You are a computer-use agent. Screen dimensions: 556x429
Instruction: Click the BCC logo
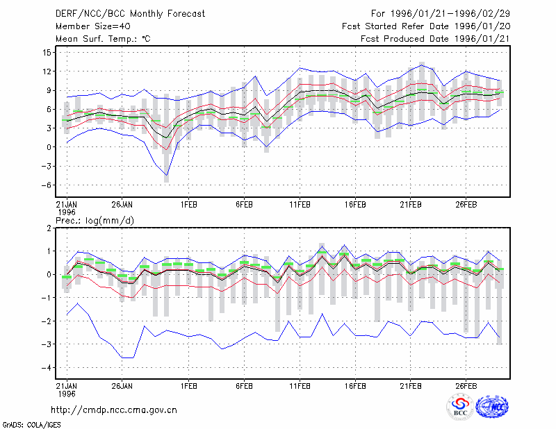pyautogui.click(x=460, y=407)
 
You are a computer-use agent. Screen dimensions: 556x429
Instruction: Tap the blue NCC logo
pyautogui.click(x=492, y=407)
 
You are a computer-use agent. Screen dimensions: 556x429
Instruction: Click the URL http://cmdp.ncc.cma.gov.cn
pyautogui.click(x=114, y=410)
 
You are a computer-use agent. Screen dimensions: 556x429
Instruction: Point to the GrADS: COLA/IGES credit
pyautogui.click(x=31, y=425)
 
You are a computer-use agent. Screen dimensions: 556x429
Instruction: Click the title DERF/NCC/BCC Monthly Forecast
pyautogui.click(x=130, y=14)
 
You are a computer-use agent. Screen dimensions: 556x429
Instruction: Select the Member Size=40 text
pyautogui.click(x=93, y=26)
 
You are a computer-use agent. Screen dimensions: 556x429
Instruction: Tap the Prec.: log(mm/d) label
pyautogui.click(x=95, y=221)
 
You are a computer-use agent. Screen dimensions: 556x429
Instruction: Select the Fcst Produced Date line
pyautogui.click(x=435, y=39)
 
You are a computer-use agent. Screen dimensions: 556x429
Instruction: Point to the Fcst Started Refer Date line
pyautogui.click(x=426, y=26)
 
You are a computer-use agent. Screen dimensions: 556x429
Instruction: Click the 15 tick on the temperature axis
pyautogui.click(x=47, y=53)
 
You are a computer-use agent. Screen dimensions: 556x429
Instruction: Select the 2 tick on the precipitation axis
pyautogui.click(x=49, y=228)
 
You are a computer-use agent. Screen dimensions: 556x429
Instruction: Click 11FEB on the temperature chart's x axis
pyautogui.click(x=300, y=205)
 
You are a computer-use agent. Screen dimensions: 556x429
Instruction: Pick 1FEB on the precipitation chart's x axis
pyautogui.click(x=188, y=386)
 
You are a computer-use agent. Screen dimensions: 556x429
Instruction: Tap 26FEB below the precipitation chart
pyautogui.click(x=466, y=386)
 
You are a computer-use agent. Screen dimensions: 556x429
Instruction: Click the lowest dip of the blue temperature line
pyautogui.click(x=167, y=175)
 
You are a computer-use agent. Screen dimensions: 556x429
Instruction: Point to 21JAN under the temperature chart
pyautogui.click(x=67, y=205)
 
